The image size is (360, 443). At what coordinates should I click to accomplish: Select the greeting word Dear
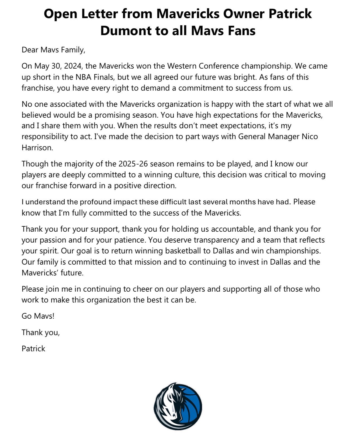(30, 50)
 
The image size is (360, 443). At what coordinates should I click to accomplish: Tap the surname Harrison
(37, 147)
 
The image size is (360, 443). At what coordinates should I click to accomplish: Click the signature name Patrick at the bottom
(33, 349)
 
